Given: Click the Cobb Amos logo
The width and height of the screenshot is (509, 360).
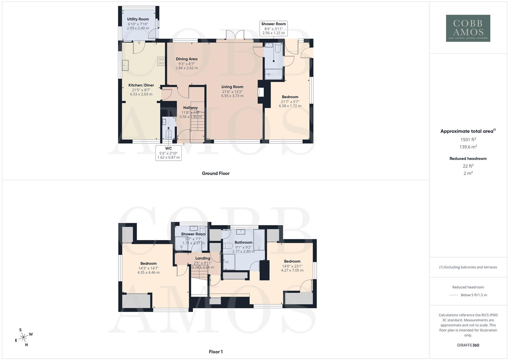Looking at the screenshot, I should pyautogui.click(x=468, y=28).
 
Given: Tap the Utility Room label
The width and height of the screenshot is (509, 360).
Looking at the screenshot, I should pyautogui.click(x=138, y=19).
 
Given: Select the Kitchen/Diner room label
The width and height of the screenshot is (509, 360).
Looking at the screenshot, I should pyautogui.click(x=141, y=85).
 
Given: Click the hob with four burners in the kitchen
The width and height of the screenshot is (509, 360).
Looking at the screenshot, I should pyautogui.click(x=161, y=61).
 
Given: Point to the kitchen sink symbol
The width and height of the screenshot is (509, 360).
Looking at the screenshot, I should pyautogui.click(x=125, y=65).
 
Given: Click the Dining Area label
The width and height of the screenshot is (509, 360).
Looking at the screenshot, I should pyautogui.click(x=186, y=59).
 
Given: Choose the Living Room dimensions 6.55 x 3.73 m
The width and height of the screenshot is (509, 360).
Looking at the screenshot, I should pyautogui.click(x=232, y=96).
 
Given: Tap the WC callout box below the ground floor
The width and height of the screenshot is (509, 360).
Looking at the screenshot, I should pyautogui.click(x=168, y=153).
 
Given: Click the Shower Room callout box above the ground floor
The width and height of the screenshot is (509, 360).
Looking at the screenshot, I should pyautogui.click(x=273, y=28).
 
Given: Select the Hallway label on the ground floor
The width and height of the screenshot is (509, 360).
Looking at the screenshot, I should pyautogui.click(x=190, y=108).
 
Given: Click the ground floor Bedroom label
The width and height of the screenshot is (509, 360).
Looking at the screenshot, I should pyautogui.click(x=290, y=97).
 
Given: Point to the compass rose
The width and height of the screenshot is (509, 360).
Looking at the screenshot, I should pyautogui.click(x=23, y=337).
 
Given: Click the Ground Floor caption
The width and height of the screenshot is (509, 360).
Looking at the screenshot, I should pyautogui.click(x=215, y=173).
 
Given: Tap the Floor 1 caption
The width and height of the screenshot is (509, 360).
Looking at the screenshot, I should pyautogui.click(x=215, y=352).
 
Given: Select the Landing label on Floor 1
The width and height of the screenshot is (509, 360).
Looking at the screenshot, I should pyautogui.click(x=203, y=258).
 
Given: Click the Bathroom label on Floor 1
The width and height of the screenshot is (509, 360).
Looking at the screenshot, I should pyautogui.click(x=243, y=242).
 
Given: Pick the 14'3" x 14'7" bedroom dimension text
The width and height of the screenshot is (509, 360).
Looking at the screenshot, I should pyautogui.click(x=148, y=268).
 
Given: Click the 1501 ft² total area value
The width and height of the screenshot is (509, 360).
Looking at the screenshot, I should pyautogui.click(x=468, y=140).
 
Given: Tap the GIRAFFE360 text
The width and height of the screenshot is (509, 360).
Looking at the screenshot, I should pyautogui.click(x=468, y=345).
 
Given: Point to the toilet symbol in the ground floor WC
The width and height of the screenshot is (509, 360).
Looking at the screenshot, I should pyautogui.click(x=169, y=134).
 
